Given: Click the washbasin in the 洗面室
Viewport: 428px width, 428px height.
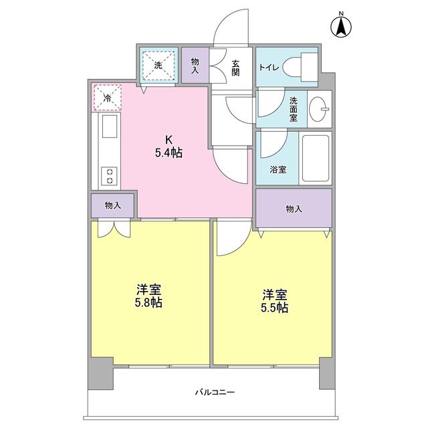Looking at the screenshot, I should pos(320,109).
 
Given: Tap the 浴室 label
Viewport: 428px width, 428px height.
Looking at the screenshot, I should pos(278,170).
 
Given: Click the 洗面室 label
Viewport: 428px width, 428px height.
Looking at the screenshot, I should pos(294,109).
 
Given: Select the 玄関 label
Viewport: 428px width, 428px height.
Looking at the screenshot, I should pos(235,67).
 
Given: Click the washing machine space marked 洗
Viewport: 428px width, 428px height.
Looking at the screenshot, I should pos(158,66).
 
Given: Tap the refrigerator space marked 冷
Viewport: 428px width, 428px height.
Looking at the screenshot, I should pos(108,98).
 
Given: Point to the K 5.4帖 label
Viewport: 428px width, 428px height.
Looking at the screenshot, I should pos(169,146).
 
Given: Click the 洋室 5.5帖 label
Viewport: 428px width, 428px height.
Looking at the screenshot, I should pos(274,300).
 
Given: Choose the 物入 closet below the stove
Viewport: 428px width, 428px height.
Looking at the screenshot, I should pos(113,205).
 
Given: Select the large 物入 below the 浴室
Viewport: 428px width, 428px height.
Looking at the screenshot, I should pos(294,209).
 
